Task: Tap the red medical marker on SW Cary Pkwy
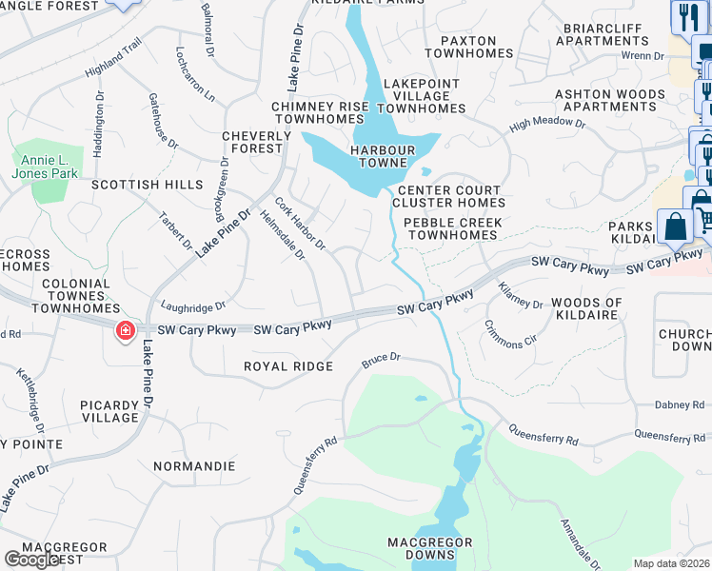(x=125, y=331)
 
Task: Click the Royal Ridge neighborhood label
(x=288, y=366)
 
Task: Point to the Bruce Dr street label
(x=382, y=360)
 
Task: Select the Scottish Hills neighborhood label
(x=147, y=184)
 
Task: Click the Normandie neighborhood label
(x=193, y=466)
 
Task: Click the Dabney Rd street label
(x=679, y=405)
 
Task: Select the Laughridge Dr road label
(x=193, y=306)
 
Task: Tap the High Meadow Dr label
(x=547, y=123)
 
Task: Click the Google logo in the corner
(x=31, y=560)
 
